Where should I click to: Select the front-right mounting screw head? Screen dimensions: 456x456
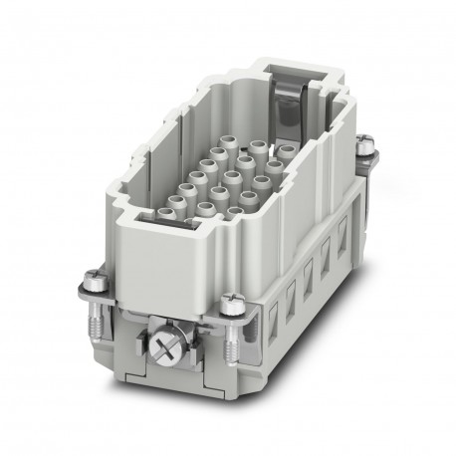(x=232, y=298)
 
